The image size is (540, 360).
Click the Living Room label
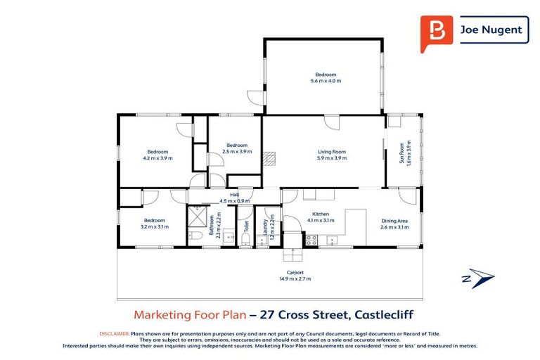click(x=331, y=152)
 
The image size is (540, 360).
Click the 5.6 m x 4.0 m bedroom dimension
click(x=326, y=81)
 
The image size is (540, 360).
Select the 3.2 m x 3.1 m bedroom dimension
click(x=154, y=226)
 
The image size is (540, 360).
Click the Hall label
click(x=235, y=195)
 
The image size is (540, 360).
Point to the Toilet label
click(x=247, y=226)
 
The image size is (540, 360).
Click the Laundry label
click(x=266, y=227)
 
